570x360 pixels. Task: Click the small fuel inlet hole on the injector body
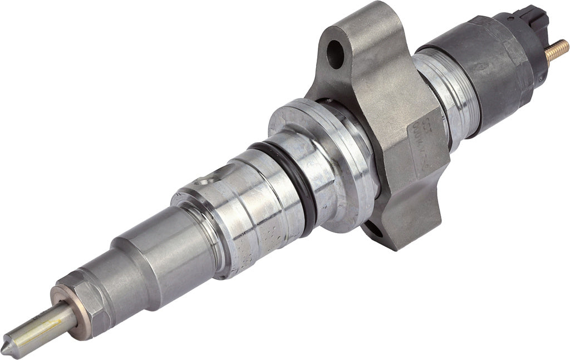(207, 180)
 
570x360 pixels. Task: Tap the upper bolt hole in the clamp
(336, 53)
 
